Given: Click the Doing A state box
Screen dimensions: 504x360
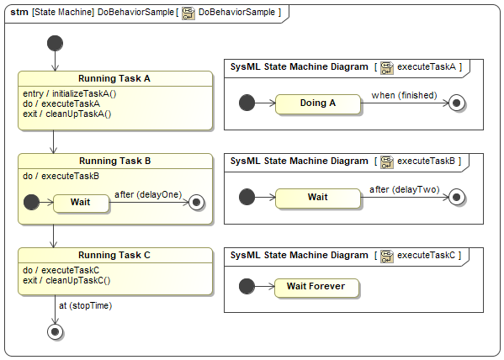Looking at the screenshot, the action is click(318, 103).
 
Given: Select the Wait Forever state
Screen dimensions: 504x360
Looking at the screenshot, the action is click(316, 288).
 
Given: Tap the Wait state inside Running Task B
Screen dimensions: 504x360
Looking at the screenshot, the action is click(81, 204).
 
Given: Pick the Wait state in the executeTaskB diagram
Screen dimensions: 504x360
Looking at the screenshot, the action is click(318, 198).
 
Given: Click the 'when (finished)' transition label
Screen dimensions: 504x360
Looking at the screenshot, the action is click(404, 95).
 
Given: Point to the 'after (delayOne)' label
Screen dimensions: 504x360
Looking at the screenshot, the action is click(148, 195).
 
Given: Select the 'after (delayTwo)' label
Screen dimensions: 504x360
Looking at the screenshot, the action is click(405, 189).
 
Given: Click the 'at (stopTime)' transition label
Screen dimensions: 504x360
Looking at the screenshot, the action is click(86, 305).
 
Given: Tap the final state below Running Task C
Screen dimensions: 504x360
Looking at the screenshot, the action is click(55, 331).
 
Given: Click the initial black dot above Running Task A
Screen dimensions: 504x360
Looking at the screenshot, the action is click(55, 44).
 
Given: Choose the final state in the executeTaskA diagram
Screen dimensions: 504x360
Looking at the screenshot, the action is click(456, 103).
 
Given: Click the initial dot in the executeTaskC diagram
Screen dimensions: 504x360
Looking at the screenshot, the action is click(247, 286).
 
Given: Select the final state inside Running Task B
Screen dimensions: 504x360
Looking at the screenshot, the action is click(196, 203).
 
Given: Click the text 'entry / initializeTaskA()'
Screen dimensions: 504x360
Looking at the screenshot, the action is click(70, 94).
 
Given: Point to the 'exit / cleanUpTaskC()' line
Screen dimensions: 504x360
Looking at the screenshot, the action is click(66, 281).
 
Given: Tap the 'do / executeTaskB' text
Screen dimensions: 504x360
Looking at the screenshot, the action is click(61, 176).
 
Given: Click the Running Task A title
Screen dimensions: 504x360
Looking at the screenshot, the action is click(114, 79).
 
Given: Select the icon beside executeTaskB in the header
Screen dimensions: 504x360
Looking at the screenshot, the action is click(387, 162).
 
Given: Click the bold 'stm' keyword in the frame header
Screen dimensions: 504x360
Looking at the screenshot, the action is click(19, 13).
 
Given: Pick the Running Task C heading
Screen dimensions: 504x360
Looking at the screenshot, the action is click(114, 255).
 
